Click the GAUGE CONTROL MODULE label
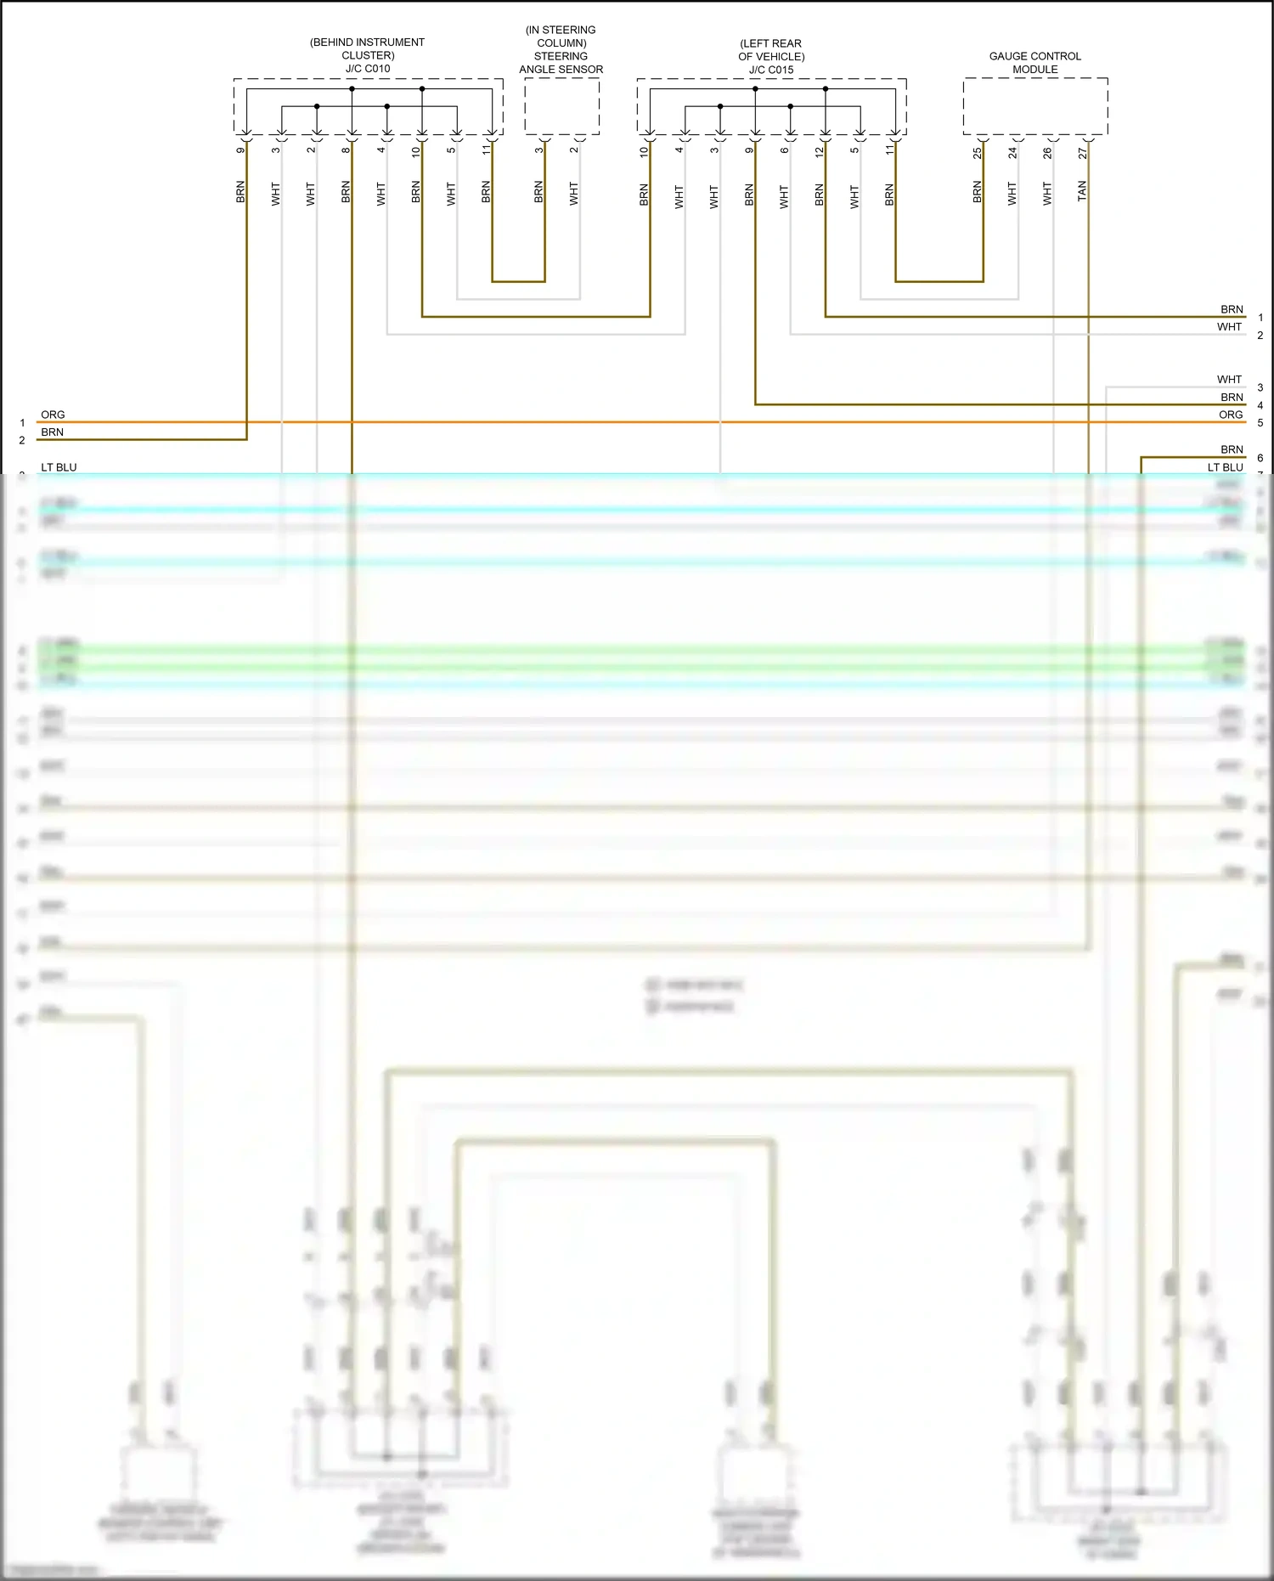pyautogui.click(x=1034, y=63)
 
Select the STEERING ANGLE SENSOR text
pyautogui.click(x=561, y=63)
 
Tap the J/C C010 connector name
pyautogui.click(x=368, y=69)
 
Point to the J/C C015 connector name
pyautogui.click(x=771, y=70)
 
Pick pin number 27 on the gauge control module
pyautogui.click(x=1082, y=153)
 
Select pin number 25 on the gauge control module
pyautogui.click(x=977, y=153)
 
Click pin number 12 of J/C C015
pyautogui.click(x=819, y=152)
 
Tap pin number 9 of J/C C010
pyautogui.click(x=240, y=150)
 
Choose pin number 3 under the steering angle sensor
pyautogui.click(x=538, y=150)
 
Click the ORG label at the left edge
pyautogui.click(x=53, y=415)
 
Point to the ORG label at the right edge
pyautogui.click(x=1231, y=415)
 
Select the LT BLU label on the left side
pyautogui.click(x=59, y=467)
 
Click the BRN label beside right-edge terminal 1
pyautogui.click(x=1232, y=309)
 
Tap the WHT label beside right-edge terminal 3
pyautogui.click(x=1229, y=379)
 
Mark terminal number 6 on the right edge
pyautogui.click(x=1260, y=458)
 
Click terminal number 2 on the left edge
pyautogui.click(x=22, y=440)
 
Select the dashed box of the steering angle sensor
pyautogui.click(x=562, y=106)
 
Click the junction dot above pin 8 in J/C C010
pyautogui.click(x=352, y=88)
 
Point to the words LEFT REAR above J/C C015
pyautogui.click(x=771, y=43)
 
